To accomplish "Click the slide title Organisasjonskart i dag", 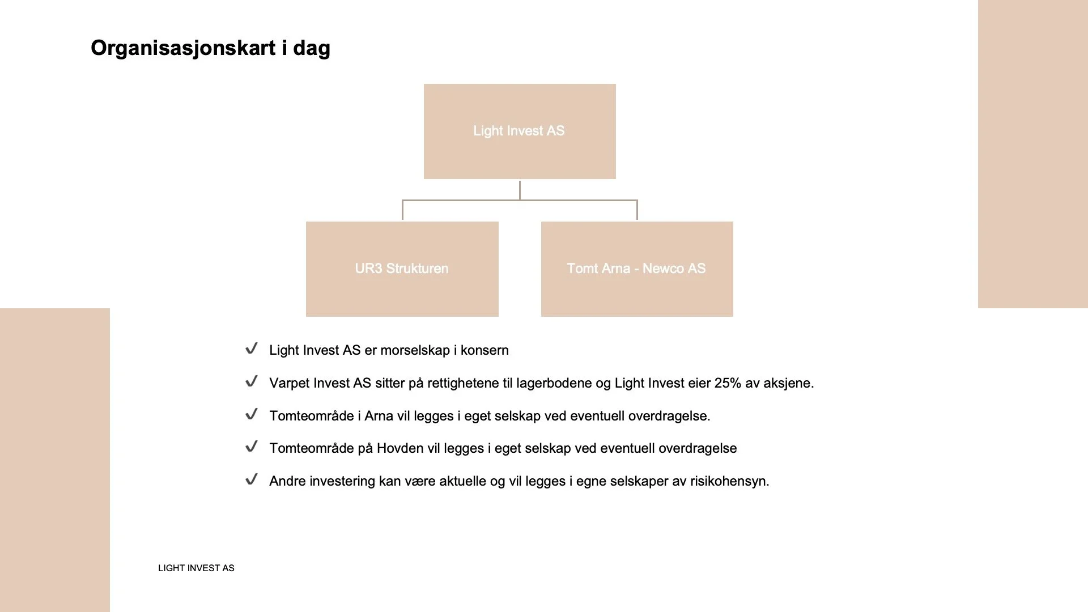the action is point(210,48).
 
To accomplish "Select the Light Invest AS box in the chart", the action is point(520,131).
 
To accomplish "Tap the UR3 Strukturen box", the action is point(402,269).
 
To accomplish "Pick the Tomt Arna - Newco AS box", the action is point(637,269).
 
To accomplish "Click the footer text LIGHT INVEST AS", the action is point(196,568).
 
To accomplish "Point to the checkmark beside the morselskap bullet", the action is point(252,348).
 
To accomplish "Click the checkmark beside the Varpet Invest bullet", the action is point(252,381).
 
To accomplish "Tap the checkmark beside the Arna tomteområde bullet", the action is point(252,414).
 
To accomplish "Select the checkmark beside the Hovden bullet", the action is point(252,447).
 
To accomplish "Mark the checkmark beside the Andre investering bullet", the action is point(252,479).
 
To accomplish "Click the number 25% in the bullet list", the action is point(728,383).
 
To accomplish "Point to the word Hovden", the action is point(400,448).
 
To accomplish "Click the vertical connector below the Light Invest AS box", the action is point(520,190).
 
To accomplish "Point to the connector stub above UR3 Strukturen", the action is point(402,210).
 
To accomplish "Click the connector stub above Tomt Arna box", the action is point(637,210).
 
